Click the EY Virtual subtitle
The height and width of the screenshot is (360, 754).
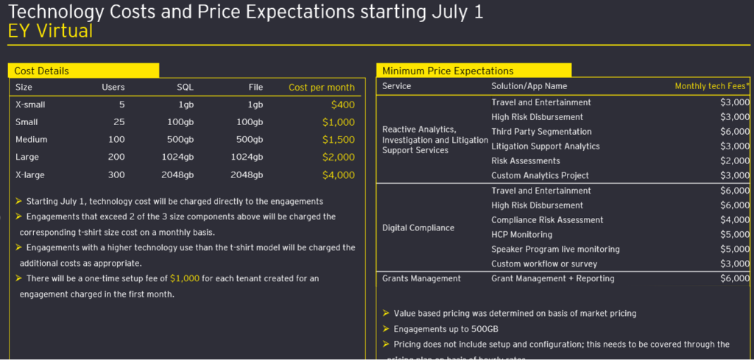50,31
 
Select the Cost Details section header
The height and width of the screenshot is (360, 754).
42,71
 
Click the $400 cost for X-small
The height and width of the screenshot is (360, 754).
342,105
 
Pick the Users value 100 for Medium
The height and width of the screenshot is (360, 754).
116,140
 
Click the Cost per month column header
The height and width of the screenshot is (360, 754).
321,87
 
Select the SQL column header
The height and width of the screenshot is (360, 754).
185,87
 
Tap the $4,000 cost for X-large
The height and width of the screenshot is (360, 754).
339,175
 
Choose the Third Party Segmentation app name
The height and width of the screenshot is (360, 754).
537,132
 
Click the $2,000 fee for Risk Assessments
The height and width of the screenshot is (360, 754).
735,161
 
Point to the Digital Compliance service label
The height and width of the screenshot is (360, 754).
418,227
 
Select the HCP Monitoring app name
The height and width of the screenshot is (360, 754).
521,235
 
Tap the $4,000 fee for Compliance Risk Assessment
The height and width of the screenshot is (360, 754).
735,220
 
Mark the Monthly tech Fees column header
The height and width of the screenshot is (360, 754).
712,86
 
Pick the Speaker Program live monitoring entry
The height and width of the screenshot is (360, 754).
554,250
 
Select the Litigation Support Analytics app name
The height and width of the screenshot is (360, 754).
546,147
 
